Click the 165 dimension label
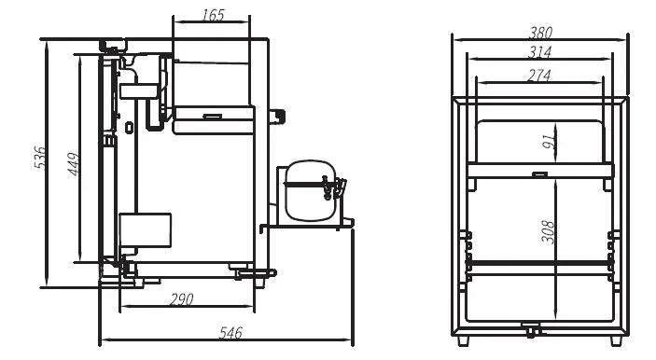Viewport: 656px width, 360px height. [x=214, y=16]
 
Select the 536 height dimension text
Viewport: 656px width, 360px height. [x=39, y=158]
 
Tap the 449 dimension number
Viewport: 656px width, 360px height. [x=74, y=164]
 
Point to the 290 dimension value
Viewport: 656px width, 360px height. [x=182, y=299]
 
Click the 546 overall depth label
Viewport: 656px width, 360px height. [x=230, y=332]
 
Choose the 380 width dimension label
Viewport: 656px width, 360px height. [x=540, y=33]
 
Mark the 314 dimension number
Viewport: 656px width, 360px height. [x=539, y=52]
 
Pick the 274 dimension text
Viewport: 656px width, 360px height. [x=538, y=76]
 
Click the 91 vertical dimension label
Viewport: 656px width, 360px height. [x=549, y=142]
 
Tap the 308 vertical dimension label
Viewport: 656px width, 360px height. [x=548, y=231]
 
